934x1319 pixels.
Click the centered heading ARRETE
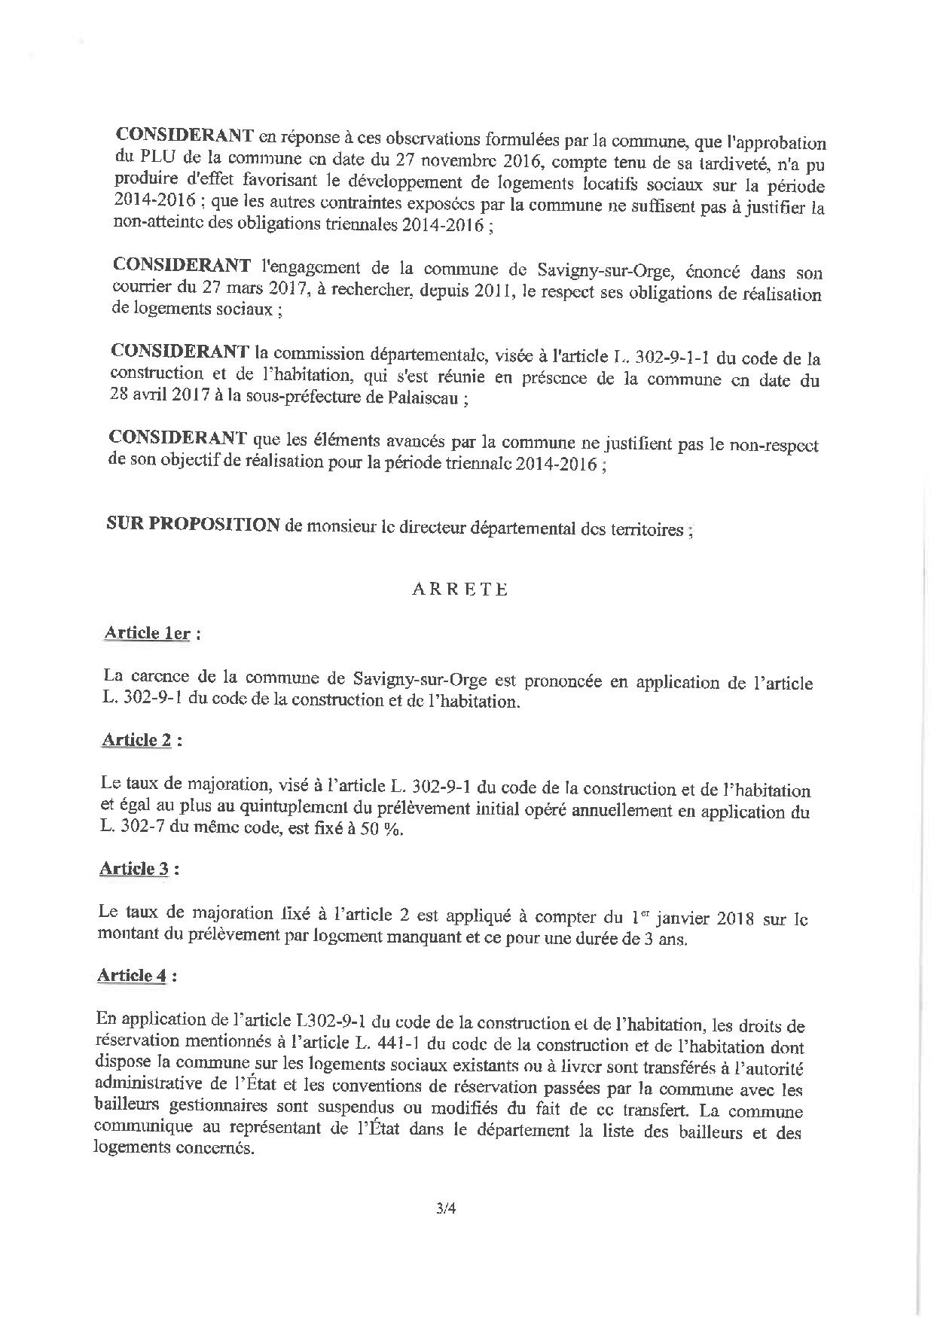point(459,589)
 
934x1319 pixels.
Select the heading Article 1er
point(147,632)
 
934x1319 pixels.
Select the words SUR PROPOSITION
point(194,525)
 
